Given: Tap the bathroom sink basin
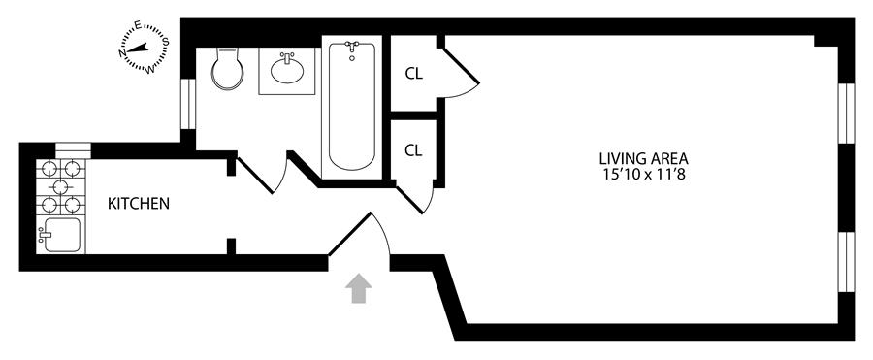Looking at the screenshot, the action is coord(287,70).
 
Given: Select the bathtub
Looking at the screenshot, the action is coord(351,106).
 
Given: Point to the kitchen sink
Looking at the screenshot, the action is coord(60,235).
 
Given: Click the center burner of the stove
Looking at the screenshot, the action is coord(61,186).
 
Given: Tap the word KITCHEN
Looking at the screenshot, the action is coord(139,204).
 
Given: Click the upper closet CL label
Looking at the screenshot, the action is coord(413,74).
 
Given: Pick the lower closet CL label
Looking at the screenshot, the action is coord(413,150).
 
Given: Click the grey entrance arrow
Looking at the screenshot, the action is coord(359,288).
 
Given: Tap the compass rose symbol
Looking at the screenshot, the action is coord(145,48).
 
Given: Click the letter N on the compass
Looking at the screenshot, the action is coord(122,53).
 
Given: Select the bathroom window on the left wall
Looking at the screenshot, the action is coord(188,104).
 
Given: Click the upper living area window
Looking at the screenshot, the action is coord(846,114).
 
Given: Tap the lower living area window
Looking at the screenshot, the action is coord(846,262).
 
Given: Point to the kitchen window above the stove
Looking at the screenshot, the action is coord(73,150).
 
